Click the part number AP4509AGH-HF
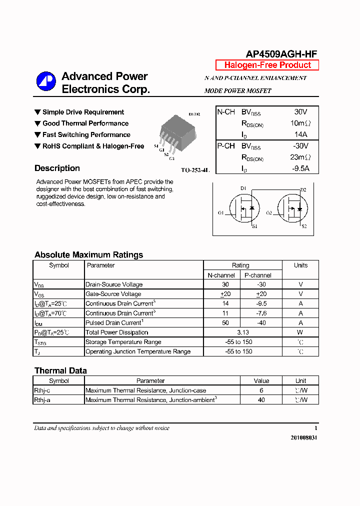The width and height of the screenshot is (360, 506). [281, 54]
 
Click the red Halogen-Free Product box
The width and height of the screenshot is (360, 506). [267, 65]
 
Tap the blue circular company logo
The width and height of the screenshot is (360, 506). [46, 82]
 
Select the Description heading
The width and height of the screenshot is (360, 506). [57, 168]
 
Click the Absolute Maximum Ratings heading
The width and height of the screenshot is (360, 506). [88, 254]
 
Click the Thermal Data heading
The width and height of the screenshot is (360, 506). [60, 370]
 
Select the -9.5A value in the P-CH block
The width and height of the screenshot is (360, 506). [300, 168]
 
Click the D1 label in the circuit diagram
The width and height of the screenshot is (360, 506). [243, 188]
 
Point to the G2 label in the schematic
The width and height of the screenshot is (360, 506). [269, 213]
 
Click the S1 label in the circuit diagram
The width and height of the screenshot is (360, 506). [254, 227]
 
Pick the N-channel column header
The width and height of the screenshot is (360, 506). [221, 275]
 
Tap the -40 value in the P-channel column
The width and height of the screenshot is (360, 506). [260, 323]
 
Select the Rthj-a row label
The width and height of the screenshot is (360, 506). [42, 400]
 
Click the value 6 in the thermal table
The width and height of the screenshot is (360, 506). [261, 390]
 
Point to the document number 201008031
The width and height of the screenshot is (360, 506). [303, 437]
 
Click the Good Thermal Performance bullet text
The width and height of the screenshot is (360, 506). [85, 123]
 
